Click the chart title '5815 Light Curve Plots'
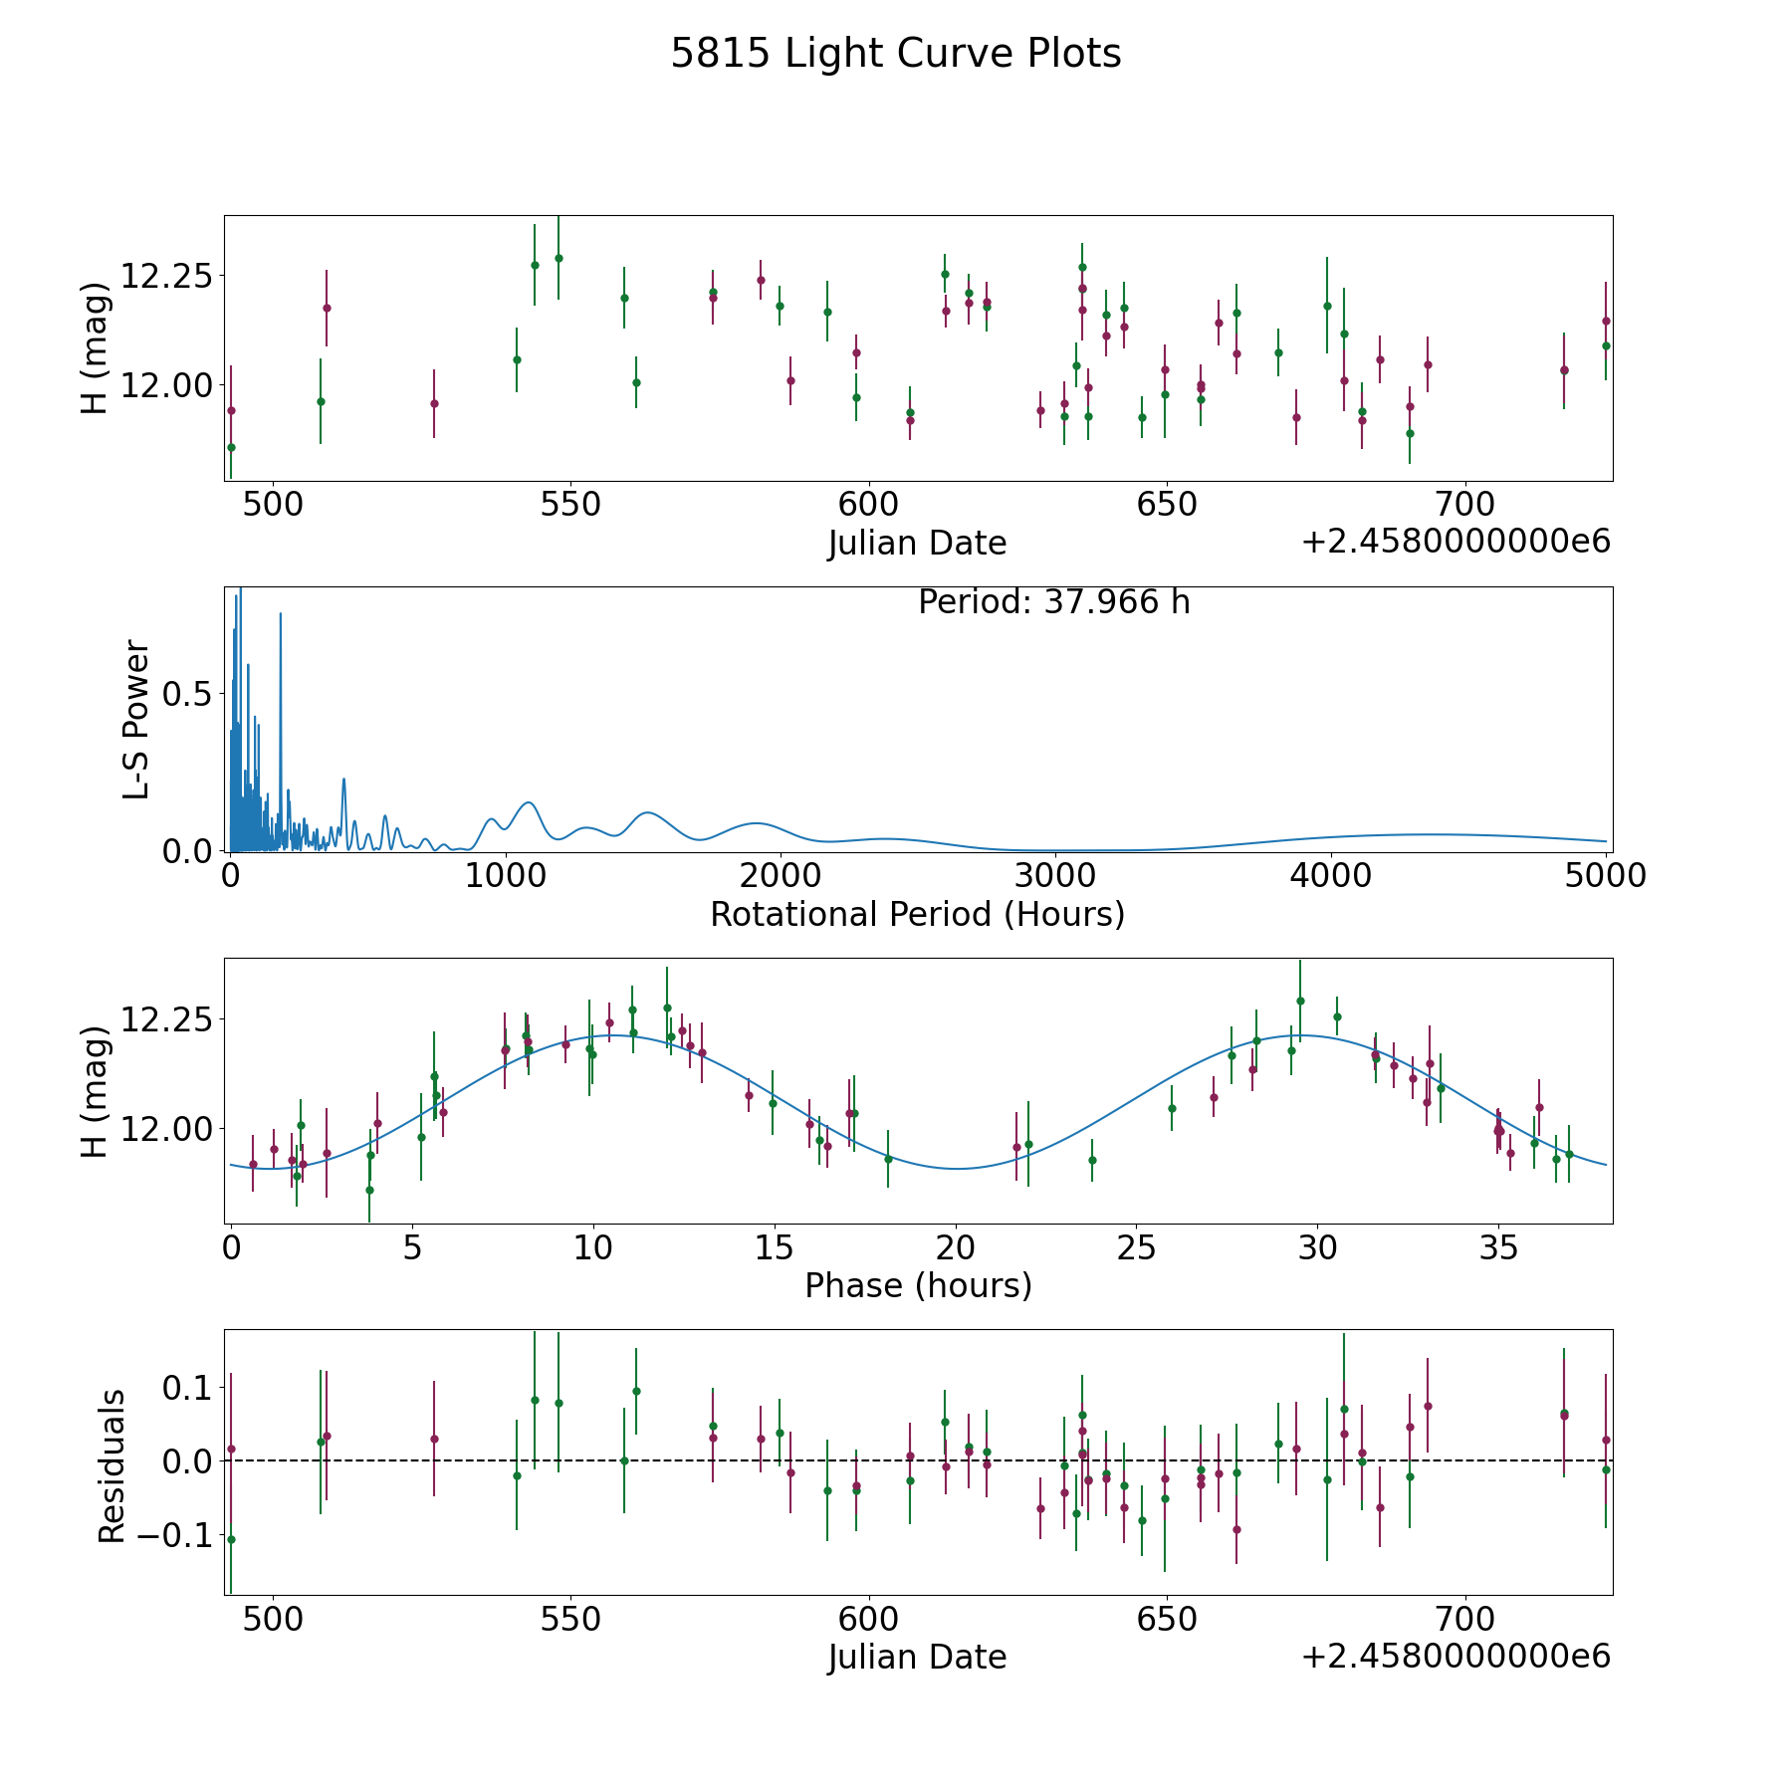point(895,54)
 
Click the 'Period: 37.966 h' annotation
point(1053,602)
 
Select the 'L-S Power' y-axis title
point(136,720)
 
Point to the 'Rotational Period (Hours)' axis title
point(917,914)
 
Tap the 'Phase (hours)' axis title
point(918,1285)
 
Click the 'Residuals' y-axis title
point(112,1465)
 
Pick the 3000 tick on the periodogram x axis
point(1056,876)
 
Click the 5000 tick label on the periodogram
point(1606,876)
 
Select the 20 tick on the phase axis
point(956,1248)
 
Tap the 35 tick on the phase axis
point(1498,1248)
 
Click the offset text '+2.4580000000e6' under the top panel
point(1456,542)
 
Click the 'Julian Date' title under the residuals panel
point(917,1657)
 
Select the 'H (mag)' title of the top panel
point(94,348)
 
